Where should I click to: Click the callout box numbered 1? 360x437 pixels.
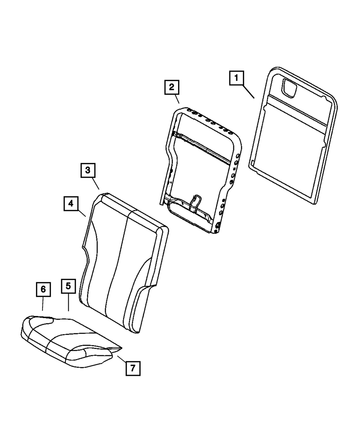pyautogui.click(x=236, y=78)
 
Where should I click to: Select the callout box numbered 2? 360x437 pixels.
pyautogui.click(x=171, y=87)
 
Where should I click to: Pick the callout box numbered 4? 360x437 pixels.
pyautogui.click(x=71, y=204)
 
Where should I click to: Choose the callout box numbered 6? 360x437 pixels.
pyautogui.click(x=43, y=289)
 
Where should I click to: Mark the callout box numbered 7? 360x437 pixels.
pyautogui.click(x=132, y=368)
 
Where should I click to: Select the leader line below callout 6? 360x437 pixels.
pyautogui.click(x=43, y=304)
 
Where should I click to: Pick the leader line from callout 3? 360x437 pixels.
pyautogui.click(x=95, y=184)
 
